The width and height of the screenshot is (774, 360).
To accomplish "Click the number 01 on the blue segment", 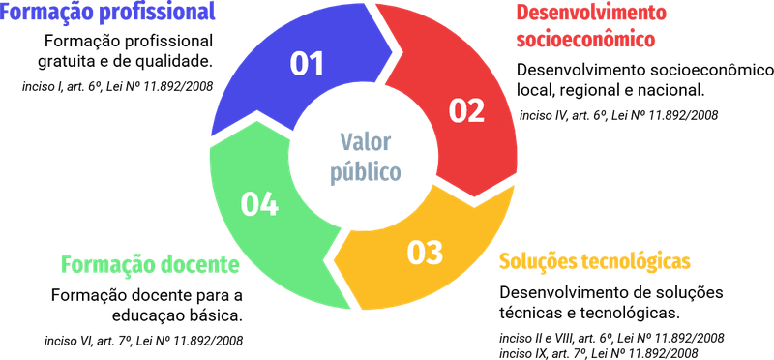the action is tap(307, 63).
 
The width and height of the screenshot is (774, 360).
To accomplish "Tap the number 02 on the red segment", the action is tap(466, 111).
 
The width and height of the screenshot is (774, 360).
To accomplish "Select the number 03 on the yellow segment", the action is tap(425, 252).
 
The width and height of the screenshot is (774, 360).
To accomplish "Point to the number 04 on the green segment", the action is tap(259, 204).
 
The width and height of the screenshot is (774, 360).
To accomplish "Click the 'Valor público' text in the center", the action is tap(366, 157).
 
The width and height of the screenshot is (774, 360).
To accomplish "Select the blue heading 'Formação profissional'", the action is tap(107, 12).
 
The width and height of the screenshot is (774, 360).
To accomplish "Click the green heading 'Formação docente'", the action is tap(151, 265).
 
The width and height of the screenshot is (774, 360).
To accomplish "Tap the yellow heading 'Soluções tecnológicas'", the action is tap(594, 261).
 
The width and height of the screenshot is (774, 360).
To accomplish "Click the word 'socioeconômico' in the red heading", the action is tap(585, 39).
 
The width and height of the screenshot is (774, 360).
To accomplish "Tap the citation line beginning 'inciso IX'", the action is tap(599, 353).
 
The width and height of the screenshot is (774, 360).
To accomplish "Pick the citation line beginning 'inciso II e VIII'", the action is tap(611, 339).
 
